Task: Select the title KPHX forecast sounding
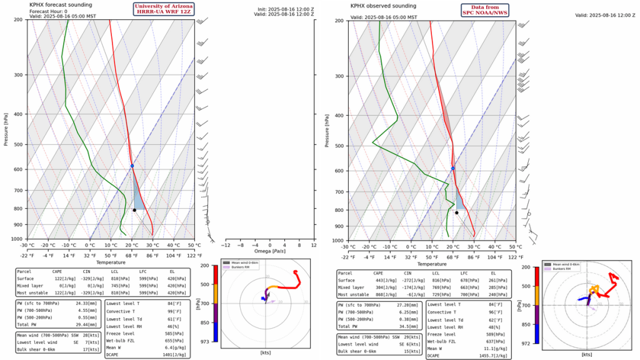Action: tap(60, 4)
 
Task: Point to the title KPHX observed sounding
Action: tap(384, 6)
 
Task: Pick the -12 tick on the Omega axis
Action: tap(226, 245)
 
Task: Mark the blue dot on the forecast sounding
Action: tap(132, 166)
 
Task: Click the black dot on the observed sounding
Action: tap(456, 212)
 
